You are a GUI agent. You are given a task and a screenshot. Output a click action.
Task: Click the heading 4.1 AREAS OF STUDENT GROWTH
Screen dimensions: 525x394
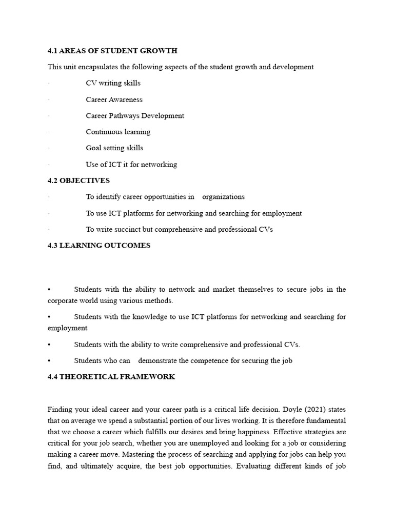(x=112, y=51)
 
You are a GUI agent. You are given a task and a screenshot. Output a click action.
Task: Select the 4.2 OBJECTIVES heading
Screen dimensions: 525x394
(x=78, y=180)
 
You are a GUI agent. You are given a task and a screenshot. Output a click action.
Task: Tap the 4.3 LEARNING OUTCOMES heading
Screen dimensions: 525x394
(x=99, y=246)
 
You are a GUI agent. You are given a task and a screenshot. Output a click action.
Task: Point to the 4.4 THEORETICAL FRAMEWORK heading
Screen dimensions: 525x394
(x=111, y=377)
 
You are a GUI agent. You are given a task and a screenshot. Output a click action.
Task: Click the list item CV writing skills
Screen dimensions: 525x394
(x=113, y=83)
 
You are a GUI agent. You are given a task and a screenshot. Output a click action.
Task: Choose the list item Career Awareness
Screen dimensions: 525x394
(x=114, y=99)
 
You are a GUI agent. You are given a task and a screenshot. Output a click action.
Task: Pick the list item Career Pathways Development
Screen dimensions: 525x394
(x=135, y=116)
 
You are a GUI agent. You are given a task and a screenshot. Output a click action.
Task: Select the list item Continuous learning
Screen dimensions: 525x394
(x=118, y=132)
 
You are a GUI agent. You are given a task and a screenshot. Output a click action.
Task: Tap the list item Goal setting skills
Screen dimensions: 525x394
(x=114, y=148)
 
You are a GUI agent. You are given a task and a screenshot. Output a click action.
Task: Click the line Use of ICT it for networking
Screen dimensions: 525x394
(x=131, y=165)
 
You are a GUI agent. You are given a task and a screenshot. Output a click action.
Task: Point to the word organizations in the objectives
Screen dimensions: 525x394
(x=223, y=197)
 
